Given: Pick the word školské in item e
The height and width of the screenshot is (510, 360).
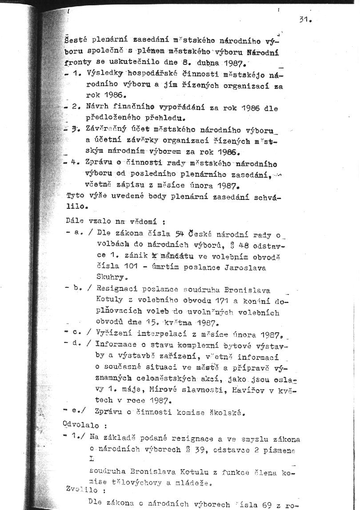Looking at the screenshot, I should (x=229, y=412).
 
